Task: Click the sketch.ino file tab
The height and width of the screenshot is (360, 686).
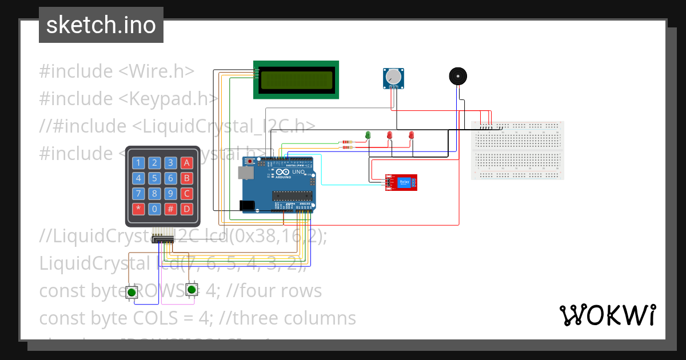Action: point(101,25)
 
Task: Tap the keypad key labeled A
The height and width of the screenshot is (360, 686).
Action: point(186,163)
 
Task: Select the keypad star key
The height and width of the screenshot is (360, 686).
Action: point(138,209)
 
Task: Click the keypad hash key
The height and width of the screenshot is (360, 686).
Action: point(170,209)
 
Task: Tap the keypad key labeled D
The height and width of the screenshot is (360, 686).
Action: point(186,209)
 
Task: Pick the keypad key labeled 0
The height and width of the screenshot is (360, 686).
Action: point(154,209)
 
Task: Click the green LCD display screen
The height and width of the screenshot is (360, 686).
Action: point(296,79)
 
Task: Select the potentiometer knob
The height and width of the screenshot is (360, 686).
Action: point(393,77)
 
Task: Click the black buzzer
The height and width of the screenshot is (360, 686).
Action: point(457,76)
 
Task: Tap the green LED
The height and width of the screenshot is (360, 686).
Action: point(368,135)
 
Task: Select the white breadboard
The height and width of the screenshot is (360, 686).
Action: point(517,150)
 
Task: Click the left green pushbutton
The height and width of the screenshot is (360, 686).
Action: point(132,292)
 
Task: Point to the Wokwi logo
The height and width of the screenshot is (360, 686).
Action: point(607,315)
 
